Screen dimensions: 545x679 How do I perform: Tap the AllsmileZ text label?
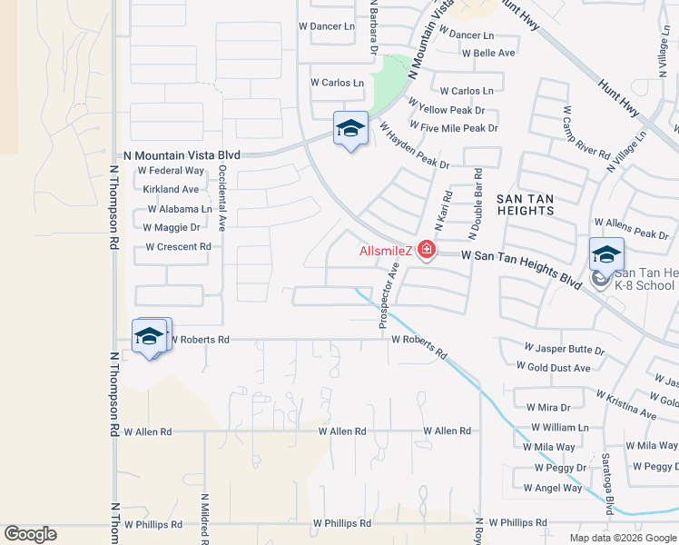click(x=387, y=251)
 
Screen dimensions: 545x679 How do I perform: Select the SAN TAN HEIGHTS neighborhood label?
click(x=525, y=203)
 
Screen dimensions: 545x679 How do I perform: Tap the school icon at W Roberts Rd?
click(x=150, y=337)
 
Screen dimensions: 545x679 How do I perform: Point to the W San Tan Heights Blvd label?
click(x=521, y=270)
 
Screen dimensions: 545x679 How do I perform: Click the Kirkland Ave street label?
click(x=171, y=190)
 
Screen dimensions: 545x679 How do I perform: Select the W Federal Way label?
click(x=171, y=170)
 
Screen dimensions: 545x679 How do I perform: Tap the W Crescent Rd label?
click(x=178, y=247)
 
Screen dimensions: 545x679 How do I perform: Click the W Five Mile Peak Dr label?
click(x=454, y=128)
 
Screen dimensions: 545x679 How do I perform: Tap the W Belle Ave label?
click(x=488, y=53)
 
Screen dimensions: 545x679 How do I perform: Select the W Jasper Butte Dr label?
click(x=565, y=349)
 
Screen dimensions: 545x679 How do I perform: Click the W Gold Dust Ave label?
click(x=553, y=367)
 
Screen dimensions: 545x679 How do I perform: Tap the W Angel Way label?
click(x=558, y=488)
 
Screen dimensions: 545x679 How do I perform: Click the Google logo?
click(x=30, y=534)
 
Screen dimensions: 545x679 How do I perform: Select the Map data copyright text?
click(x=622, y=538)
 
